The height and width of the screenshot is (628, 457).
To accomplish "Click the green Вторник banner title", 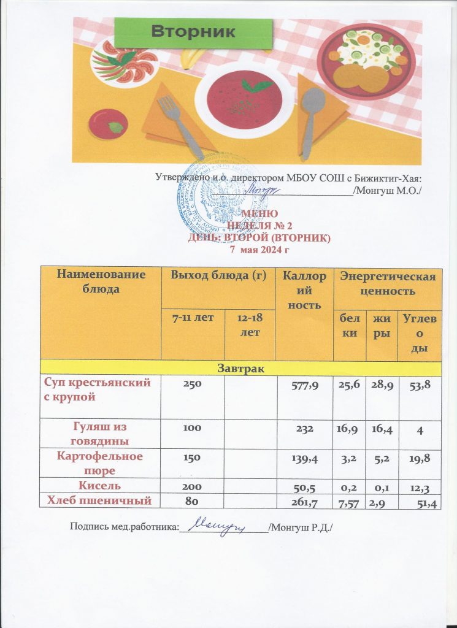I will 193,32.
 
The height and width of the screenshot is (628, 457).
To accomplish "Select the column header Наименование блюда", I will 101,281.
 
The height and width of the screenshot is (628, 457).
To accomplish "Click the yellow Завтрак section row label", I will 240,367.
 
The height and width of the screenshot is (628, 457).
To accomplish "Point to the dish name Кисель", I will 101,486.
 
